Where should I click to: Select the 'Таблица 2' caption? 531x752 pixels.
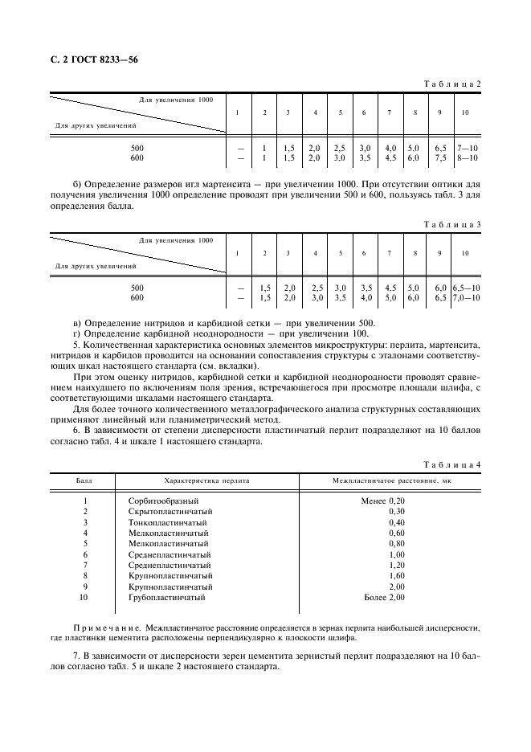click(x=451, y=84)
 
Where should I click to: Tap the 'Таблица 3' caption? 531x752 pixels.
click(x=451, y=224)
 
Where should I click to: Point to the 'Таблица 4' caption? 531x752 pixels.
click(x=451, y=465)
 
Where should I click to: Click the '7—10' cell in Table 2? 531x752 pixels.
click(x=466, y=149)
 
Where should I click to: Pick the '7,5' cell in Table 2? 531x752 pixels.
click(x=440, y=158)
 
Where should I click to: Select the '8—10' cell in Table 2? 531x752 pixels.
click(x=466, y=158)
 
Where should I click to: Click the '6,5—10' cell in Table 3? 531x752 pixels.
click(x=466, y=288)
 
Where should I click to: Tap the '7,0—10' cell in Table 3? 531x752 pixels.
click(x=466, y=297)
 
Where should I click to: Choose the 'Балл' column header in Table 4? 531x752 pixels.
click(x=84, y=480)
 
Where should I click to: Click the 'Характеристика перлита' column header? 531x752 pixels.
click(x=206, y=480)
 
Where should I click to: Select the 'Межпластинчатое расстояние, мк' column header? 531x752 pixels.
click(x=391, y=480)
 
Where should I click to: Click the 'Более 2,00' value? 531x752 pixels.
click(x=384, y=598)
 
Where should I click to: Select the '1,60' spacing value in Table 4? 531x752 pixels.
click(x=396, y=576)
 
